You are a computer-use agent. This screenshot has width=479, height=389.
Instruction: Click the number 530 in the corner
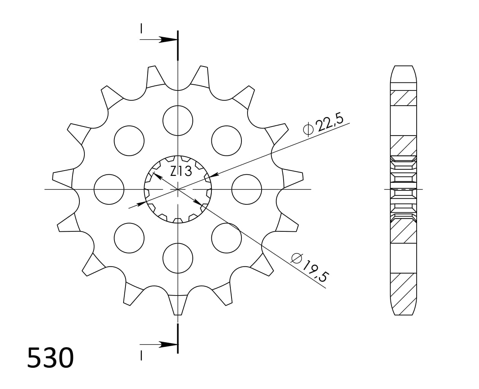50,357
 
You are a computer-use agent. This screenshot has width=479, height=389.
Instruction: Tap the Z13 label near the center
181,171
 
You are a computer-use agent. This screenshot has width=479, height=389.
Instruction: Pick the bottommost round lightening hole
178,258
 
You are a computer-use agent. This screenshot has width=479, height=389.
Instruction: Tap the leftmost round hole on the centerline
109,189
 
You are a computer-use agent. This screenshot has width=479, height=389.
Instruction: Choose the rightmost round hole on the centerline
246,189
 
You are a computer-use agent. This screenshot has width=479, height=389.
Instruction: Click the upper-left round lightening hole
129,141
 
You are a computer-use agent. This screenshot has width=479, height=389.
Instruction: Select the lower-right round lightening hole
226,238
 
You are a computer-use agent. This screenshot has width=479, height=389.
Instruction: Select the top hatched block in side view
403,98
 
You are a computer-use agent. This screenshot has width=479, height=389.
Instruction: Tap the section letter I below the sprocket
141,355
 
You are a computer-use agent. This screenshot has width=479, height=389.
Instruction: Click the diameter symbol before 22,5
308,130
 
